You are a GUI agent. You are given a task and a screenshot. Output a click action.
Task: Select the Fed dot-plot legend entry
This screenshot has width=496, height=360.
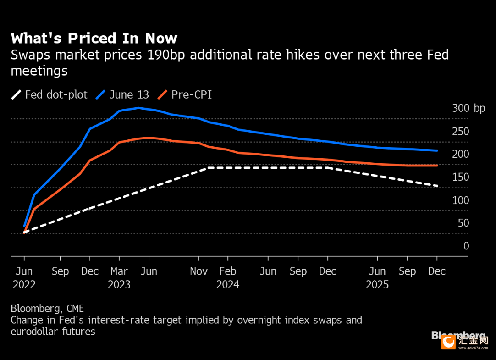point(50,95)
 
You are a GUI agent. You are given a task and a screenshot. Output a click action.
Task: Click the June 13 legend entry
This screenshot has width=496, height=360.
point(122,95)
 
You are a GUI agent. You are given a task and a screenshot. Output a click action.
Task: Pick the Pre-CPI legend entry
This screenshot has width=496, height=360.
point(185,95)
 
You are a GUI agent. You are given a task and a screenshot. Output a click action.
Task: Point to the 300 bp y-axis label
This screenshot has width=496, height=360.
point(468,109)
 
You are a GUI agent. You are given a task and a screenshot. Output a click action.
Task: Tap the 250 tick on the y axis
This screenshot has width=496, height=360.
point(460,132)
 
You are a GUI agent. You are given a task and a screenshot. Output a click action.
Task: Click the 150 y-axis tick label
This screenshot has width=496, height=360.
point(460,177)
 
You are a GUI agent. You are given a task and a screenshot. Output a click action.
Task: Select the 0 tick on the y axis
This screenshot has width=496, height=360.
point(466,246)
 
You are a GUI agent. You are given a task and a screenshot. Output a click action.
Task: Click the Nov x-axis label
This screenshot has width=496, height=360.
point(198,271)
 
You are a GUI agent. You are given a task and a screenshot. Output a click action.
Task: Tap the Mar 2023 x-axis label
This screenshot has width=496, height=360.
point(119,278)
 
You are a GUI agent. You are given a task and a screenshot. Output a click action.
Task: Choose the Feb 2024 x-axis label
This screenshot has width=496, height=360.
point(228,278)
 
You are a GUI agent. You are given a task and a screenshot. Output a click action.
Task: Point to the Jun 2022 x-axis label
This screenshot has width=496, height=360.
point(24,278)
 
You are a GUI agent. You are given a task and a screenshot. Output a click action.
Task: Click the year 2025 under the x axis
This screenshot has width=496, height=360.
point(377,285)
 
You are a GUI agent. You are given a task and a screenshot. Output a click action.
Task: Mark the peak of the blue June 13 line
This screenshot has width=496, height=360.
point(139,108)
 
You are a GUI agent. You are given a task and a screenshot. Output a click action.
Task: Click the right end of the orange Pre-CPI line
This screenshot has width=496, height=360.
point(437,165)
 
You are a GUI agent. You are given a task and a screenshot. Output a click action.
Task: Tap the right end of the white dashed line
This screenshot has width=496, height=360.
point(437,186)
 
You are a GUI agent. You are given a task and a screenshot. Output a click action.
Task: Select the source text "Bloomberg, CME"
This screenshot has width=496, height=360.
point(47,308)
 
